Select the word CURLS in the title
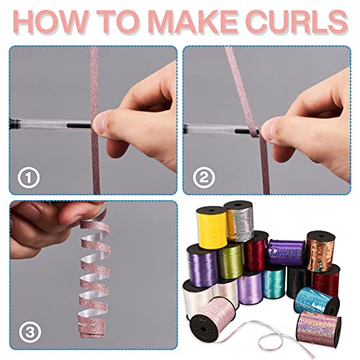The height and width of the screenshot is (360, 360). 297,22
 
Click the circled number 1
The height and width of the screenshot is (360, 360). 29,178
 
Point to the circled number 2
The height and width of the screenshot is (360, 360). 204,178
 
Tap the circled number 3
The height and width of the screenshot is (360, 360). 30,333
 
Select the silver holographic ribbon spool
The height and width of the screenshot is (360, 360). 240,221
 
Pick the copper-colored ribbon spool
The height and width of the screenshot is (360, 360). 320,251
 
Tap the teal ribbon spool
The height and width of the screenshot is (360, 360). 274,282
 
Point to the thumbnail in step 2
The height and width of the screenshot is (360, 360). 267,130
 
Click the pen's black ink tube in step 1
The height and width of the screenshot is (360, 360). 78,125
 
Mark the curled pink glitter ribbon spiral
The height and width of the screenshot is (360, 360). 93,279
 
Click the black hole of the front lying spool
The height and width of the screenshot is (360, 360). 203,328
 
